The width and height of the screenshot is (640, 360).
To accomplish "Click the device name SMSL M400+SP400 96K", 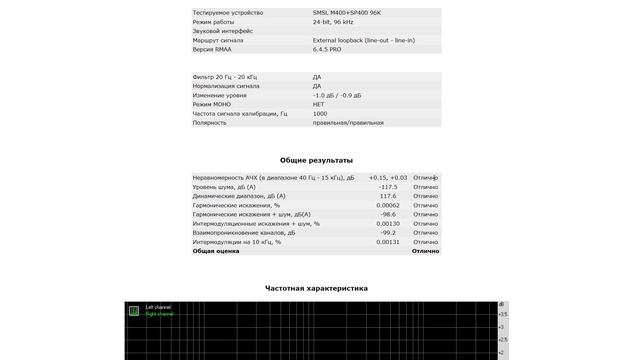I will [346, 13].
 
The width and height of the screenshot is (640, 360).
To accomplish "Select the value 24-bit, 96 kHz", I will [333, 22].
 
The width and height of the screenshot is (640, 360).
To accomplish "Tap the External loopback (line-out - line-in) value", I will [363, 40].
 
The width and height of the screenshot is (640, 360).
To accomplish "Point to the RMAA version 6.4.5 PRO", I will [327, 49].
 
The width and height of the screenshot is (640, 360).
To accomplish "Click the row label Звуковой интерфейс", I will [223, 31].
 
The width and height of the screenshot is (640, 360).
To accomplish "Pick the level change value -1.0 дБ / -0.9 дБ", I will [337, 95].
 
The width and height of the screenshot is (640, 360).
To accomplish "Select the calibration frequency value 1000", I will [320, 113].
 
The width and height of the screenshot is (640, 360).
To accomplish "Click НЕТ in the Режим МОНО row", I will [319, 104].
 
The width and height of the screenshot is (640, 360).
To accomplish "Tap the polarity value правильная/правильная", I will [348, 122].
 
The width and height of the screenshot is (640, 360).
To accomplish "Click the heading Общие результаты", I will [316, 160].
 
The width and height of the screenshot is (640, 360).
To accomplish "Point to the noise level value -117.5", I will [388, 187].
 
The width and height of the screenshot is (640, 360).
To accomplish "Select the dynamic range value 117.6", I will [388, 196].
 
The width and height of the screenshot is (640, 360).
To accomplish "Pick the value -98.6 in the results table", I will [388, 214].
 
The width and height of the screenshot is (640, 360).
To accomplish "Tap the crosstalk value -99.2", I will [388, 233].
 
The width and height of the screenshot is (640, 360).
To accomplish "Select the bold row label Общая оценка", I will [215, 251].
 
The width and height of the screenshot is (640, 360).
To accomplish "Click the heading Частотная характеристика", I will [316, 288].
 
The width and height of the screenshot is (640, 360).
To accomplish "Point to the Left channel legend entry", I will [158, 307].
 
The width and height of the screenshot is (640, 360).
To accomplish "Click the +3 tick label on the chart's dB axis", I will [503, 326].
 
